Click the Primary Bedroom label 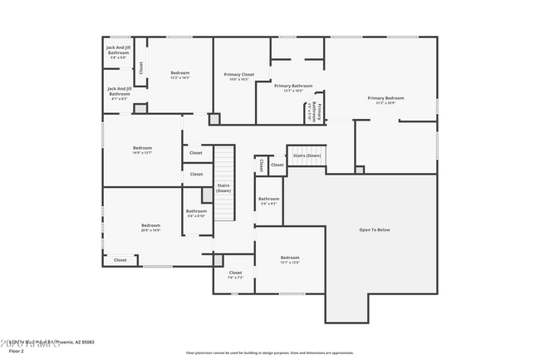(x=386, y=100)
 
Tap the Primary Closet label (x=239, y=76)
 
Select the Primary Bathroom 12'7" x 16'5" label (x=293, y=88)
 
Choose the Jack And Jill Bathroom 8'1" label (x=119, y=93)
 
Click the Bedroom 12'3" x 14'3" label (x=180, y=75)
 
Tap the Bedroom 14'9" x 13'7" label (x=141, y=150)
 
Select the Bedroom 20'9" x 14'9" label (x=150, y=227)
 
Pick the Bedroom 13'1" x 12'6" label (x=289, y=259)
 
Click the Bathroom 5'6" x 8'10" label (x=196, y=213)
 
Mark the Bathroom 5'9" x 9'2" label (x=268, y=200)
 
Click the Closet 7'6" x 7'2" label (x=235, y=274)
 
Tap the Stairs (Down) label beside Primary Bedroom (x=307, y=155)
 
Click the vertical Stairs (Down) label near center (x=223, y=188)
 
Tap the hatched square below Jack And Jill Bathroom (x=140, y=108)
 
